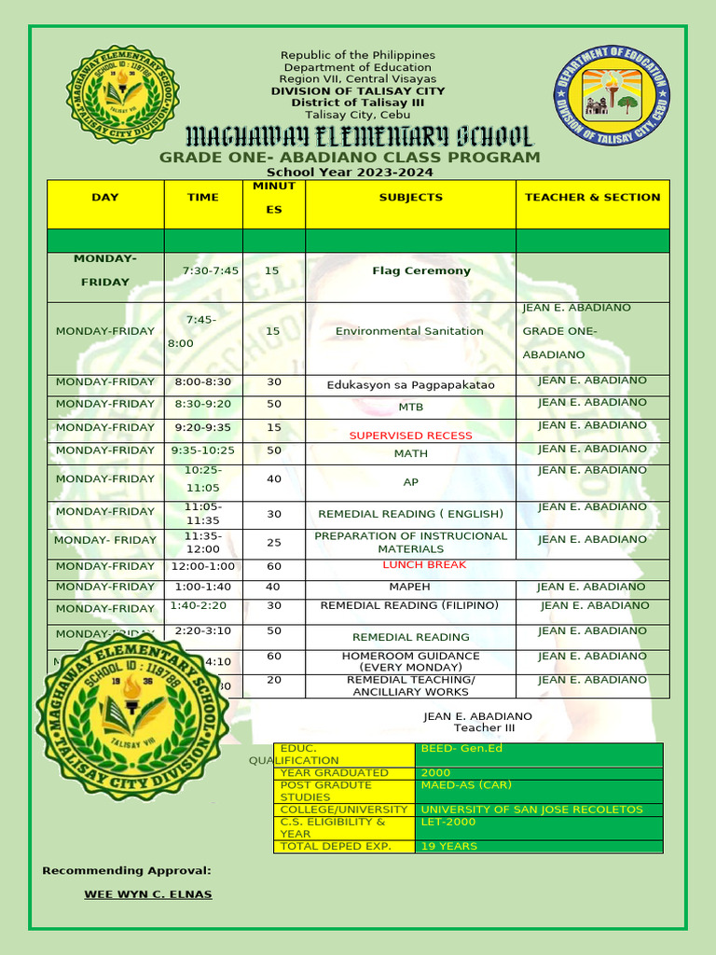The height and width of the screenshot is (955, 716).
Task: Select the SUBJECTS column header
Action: click(410, 198)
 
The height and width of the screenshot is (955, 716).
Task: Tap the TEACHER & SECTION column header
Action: click(592, 198)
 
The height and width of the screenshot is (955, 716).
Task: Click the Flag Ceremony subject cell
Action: click(408, 271)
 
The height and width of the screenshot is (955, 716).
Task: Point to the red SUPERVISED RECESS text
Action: click(410, 436)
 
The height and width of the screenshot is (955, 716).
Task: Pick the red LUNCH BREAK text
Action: click(424, 565)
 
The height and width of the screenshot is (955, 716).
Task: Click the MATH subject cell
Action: click(410, 454)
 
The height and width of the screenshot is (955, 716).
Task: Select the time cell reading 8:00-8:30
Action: click(202, 382)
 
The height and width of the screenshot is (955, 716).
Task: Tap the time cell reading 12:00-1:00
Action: click(202, 567)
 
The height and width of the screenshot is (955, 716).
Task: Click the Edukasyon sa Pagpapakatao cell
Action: click(410, 385)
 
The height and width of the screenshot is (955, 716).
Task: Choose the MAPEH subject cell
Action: click(409, 588)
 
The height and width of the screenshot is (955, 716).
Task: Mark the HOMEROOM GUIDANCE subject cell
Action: click(410, 661)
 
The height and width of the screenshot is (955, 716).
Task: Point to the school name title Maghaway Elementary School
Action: click(358, 136)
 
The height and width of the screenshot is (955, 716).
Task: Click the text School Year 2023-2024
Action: click(350, 173)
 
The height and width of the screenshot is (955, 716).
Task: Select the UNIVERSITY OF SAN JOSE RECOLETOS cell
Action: click(531, 810)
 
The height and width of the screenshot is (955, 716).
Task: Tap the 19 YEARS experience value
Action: click(448, 847)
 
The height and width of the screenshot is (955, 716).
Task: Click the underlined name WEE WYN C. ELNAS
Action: click(148, 894)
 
